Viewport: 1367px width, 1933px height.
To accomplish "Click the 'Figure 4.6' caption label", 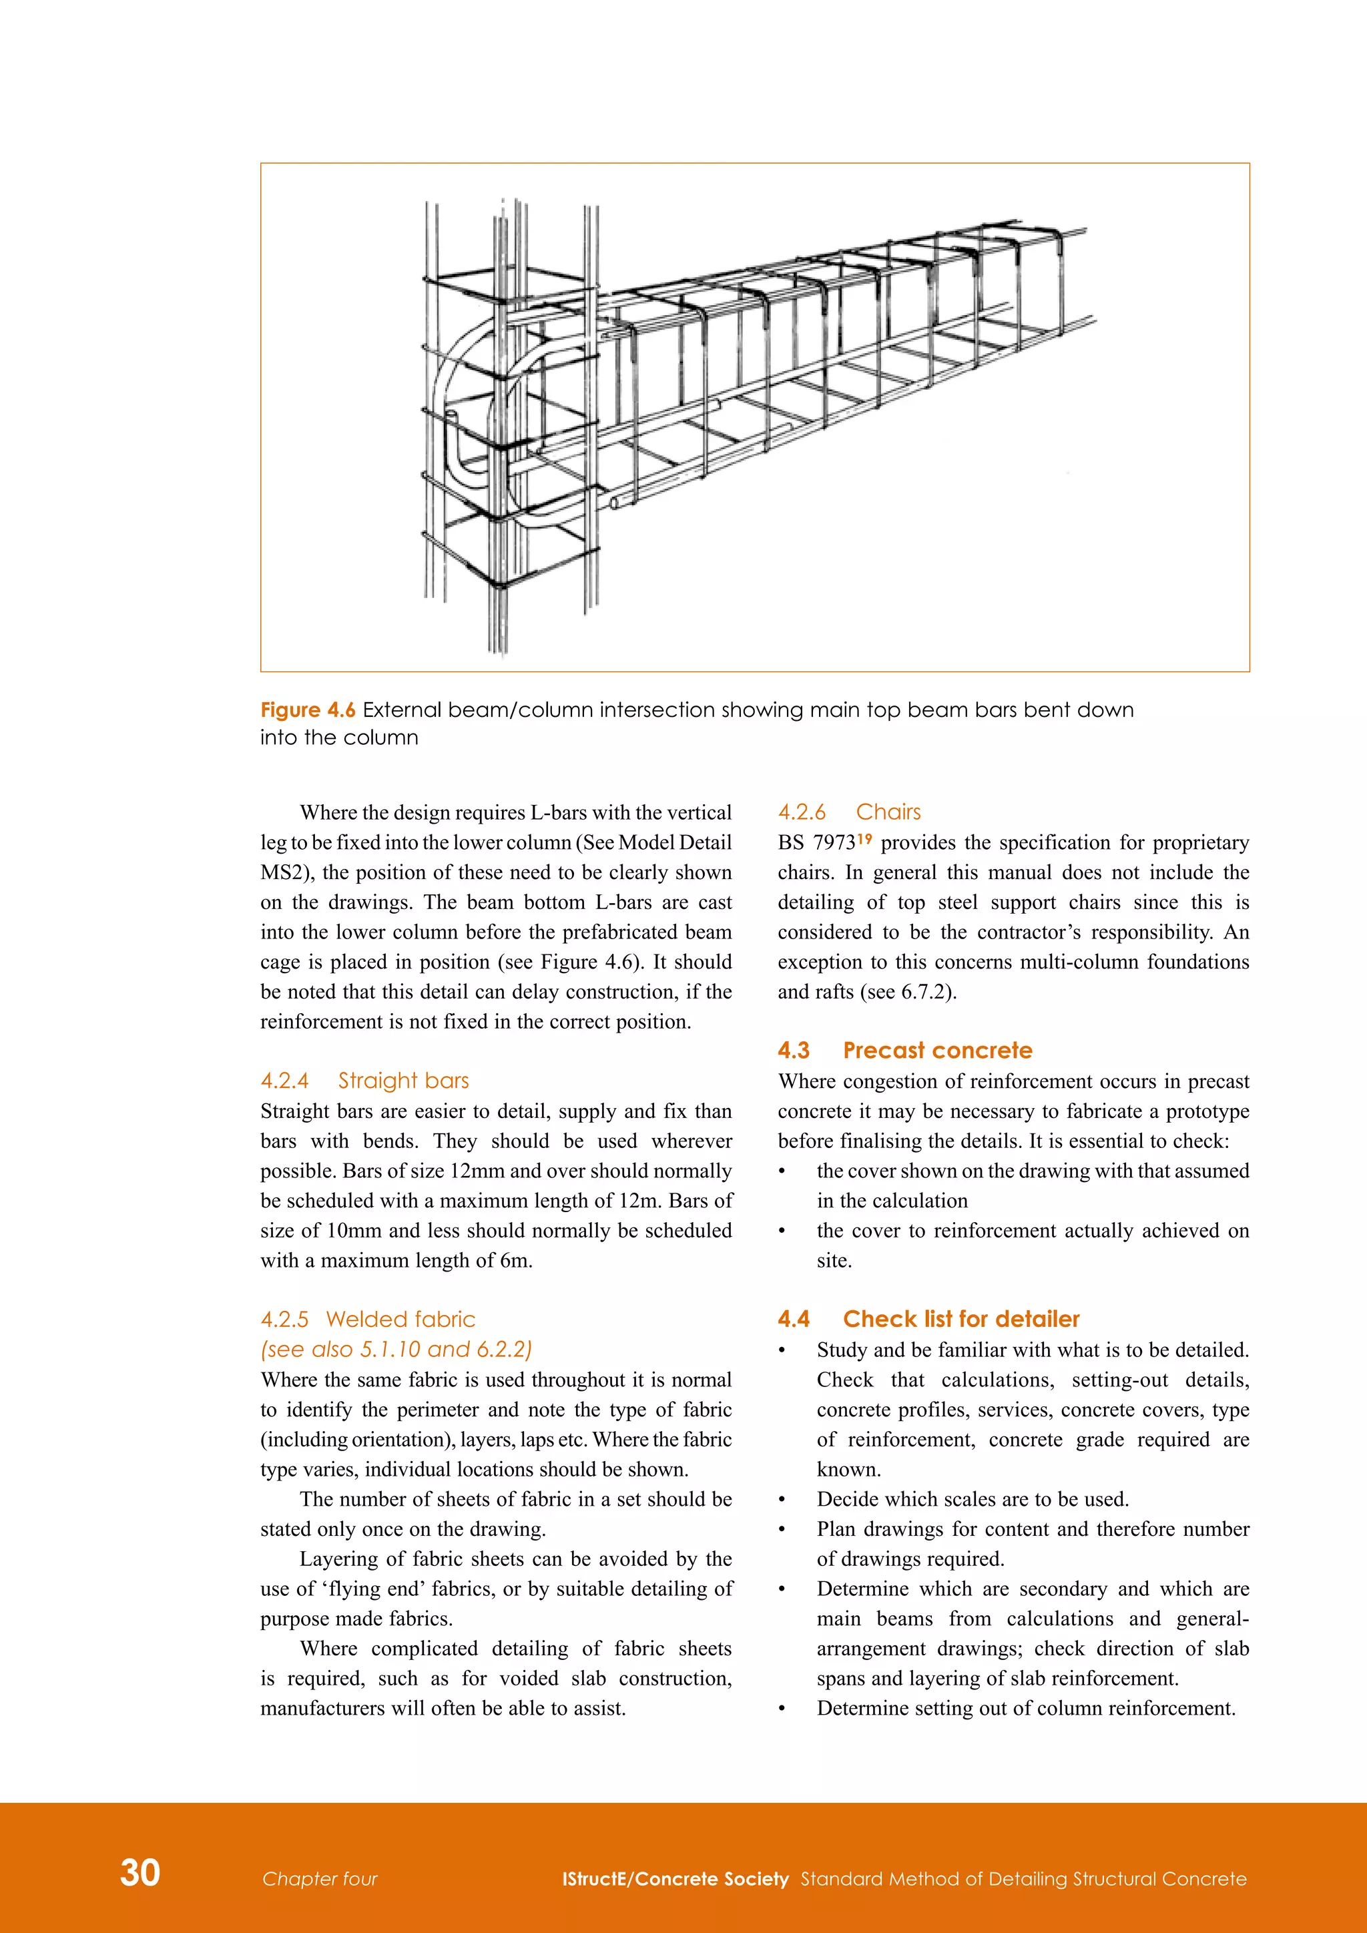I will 307,710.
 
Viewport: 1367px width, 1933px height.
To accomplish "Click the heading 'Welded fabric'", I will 400,1318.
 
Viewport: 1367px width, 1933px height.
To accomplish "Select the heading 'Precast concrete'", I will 937,1050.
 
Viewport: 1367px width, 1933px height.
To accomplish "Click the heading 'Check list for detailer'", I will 961,1318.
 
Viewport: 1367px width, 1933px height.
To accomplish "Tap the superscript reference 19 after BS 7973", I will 864,838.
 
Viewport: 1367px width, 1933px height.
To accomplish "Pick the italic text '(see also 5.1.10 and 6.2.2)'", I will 396,1349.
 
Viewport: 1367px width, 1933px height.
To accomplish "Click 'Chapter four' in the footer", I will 320,1879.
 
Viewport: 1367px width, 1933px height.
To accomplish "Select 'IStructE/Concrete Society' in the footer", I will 675,1879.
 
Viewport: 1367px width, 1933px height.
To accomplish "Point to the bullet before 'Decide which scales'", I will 782,1499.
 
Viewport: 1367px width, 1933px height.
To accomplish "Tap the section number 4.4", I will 793,1318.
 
